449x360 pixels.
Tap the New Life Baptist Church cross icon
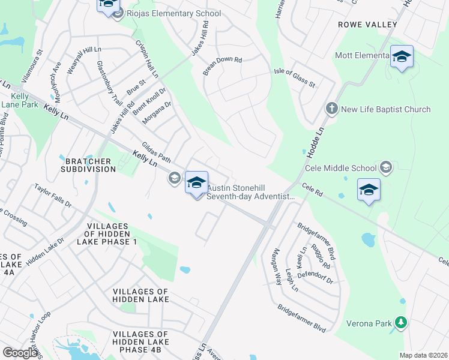331,109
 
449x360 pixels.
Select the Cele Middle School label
347,169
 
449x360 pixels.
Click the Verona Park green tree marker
400,323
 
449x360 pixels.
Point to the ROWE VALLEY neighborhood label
367,25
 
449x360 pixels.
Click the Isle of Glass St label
294,77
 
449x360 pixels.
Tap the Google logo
20,353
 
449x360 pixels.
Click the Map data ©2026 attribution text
424,355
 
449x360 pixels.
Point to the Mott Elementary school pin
402,57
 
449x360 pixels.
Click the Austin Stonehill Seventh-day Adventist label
251,192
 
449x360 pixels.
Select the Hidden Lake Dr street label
45,251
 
